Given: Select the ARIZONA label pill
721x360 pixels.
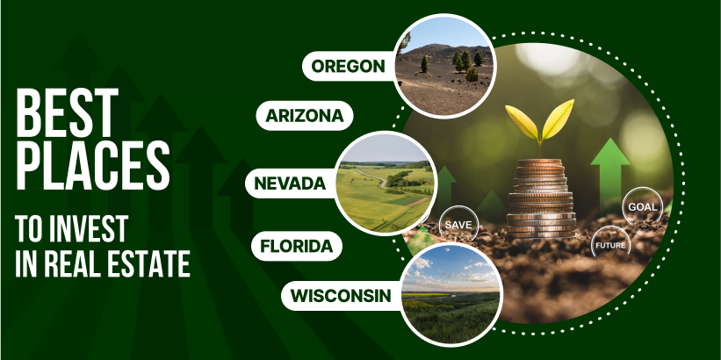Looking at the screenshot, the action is click(305, 115).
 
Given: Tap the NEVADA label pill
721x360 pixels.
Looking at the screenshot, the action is click(292, 184).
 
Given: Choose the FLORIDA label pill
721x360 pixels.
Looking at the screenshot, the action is click(297, 246).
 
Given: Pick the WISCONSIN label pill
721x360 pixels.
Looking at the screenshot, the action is click(342, 296).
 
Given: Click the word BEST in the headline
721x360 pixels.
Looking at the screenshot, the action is click(67, 113).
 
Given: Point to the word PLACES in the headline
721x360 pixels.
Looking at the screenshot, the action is click(92, 166).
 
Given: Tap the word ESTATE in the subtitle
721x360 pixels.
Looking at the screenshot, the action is click(154, 263).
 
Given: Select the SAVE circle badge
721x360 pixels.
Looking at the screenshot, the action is click(458, 225).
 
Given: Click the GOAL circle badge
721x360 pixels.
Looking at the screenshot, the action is click(642, 206).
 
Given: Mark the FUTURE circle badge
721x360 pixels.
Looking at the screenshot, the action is click(610, 245).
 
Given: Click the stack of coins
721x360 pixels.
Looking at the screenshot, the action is click(541, 198).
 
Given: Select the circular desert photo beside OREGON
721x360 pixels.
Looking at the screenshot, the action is click(444, 67).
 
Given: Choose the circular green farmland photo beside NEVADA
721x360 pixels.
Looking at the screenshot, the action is click(386, 183).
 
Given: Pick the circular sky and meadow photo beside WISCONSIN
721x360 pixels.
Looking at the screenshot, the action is click(451, 294).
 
